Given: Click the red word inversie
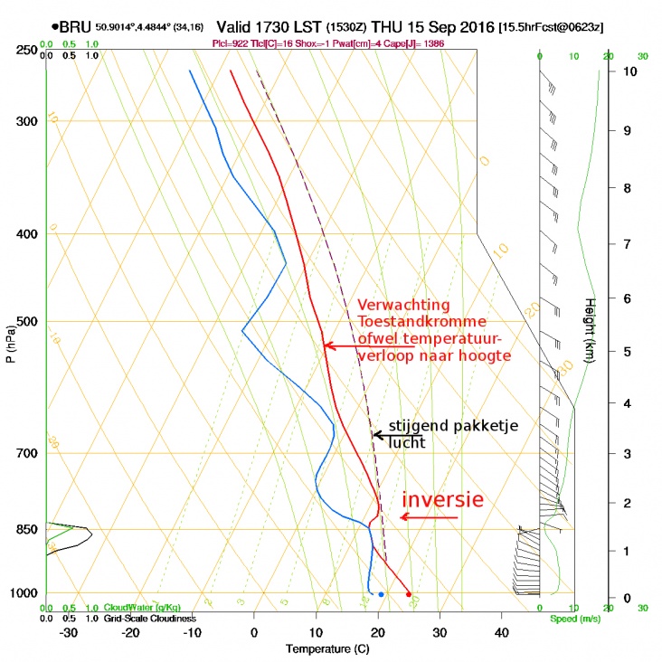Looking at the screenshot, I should tap(442, 500).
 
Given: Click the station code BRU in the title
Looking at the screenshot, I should tap(76, 28).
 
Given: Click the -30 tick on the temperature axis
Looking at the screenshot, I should tap(67, 632).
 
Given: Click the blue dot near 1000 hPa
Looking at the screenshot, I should tap(381, 594).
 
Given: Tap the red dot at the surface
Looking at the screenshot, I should tap(409, 594).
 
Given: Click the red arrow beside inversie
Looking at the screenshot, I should tap(430, 517).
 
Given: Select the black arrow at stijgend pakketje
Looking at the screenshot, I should tap(398, 435).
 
